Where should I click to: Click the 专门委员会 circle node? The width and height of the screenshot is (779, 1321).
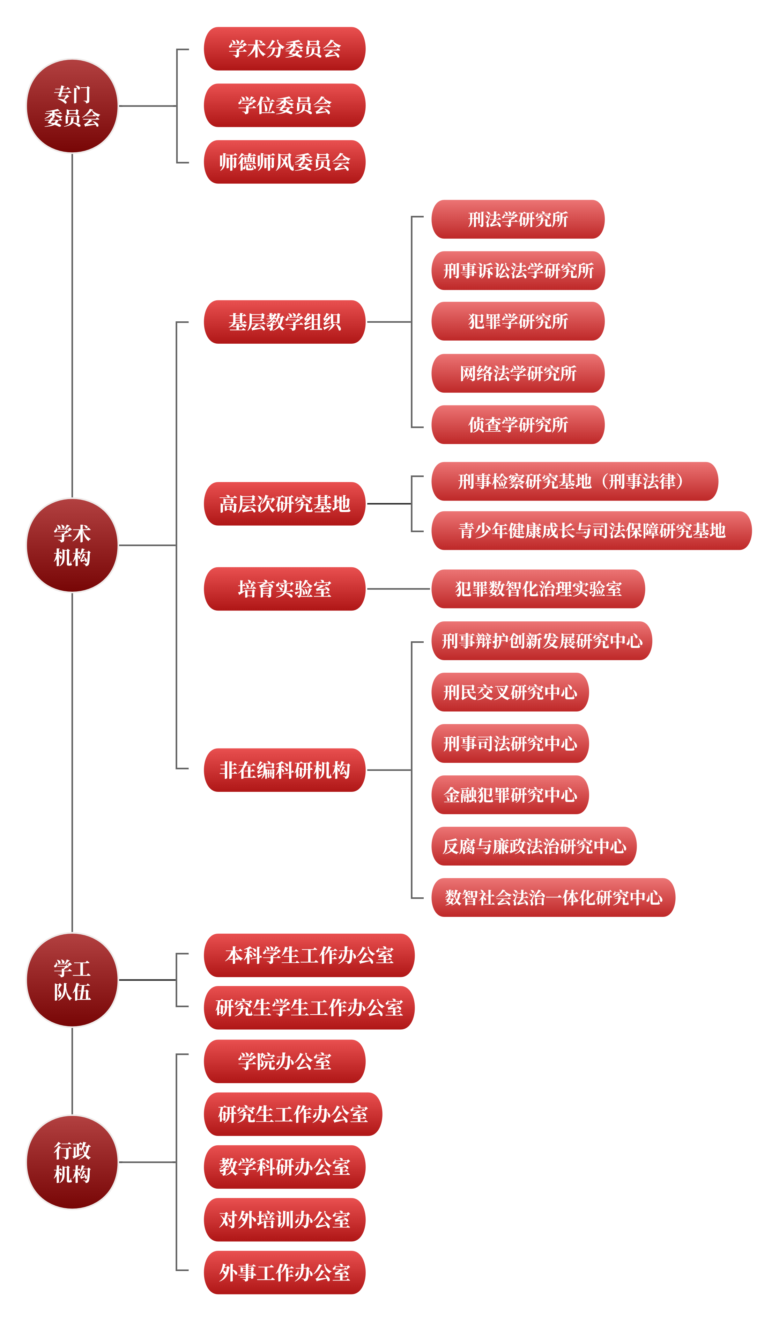click(x=73, y=106)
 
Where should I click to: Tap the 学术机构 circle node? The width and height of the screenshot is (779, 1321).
click(x=73, y=545)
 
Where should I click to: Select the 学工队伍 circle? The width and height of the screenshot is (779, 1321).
click(x=73, y=980)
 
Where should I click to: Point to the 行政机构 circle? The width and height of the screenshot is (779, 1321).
click(x=73, y=1162)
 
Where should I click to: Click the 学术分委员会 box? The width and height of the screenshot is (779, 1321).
click(x=284, y=49)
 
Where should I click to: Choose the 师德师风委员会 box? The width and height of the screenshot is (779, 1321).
click(x=284, y=162)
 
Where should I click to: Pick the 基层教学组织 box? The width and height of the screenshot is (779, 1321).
click(x=284, y=322)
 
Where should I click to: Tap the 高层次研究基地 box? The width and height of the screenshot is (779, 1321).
click(x=284, y=504)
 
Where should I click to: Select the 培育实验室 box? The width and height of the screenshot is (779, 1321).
click(x=284, y=589)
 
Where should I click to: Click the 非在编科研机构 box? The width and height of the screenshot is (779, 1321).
click(x=284, y=770)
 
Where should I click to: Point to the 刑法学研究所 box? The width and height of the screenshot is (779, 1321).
click(x=518, y=219)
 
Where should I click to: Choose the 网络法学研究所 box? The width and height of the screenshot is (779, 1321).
click(x=518, y=373)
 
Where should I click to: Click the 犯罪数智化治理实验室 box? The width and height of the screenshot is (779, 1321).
click(x=538, y=589)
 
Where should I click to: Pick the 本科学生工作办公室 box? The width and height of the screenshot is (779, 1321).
click(x=309, y=955)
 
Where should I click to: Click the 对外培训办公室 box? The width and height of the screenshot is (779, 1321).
click(x=284, y=1220)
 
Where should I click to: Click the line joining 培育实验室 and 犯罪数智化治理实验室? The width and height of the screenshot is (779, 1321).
click(x=399, y=589)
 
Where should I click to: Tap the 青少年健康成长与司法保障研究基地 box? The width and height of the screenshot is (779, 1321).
click(x=592, y=531)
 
